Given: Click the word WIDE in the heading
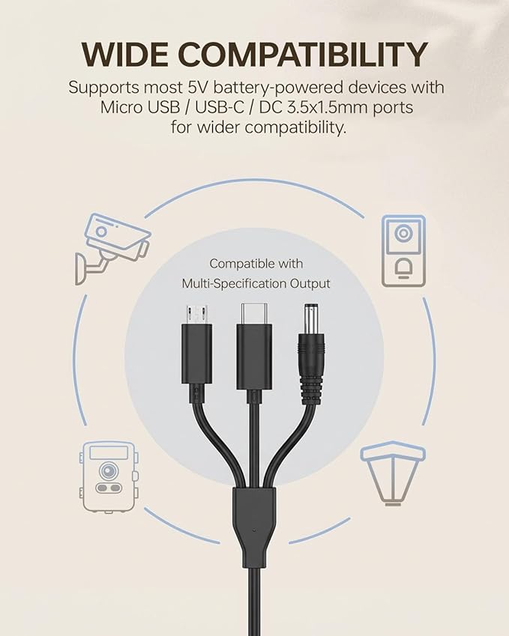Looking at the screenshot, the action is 124,54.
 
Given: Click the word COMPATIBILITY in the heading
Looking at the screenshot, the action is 302,54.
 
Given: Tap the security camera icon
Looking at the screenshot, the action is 112,248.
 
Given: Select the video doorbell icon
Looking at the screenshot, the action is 403,251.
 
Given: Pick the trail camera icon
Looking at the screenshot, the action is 109,477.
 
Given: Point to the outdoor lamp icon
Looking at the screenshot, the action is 393,473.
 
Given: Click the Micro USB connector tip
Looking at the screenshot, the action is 196,315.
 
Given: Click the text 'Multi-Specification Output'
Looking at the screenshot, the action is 256,283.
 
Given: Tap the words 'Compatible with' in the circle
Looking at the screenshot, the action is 256,264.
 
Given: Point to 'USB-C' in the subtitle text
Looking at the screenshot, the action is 219,107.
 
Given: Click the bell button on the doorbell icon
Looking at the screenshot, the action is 403,267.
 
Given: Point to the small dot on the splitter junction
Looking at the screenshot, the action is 253,530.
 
